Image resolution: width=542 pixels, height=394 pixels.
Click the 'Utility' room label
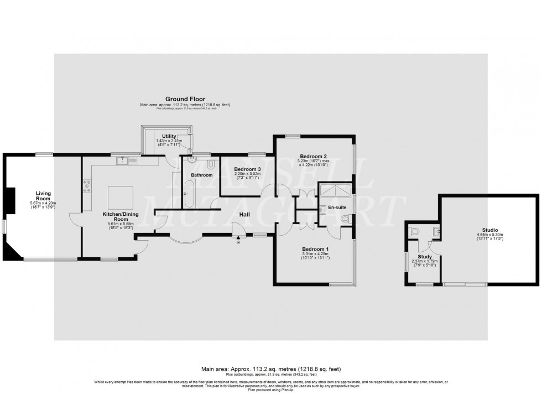pos(169,136)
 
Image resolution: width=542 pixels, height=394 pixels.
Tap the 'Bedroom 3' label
pos(247,169)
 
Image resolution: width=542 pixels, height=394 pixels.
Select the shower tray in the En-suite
pos(334,191)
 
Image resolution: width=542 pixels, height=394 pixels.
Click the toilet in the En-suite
pos(345,220)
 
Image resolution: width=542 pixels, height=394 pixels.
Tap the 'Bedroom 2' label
pos(313,156)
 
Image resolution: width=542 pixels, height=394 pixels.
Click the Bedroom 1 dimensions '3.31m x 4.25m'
pos(315,254)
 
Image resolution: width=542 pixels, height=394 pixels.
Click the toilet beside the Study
pos(413,231)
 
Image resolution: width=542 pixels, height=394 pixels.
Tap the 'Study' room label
pos(425,257)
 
